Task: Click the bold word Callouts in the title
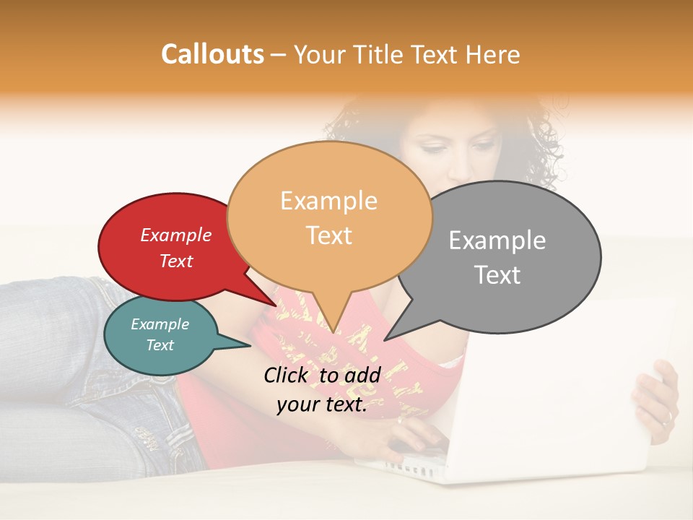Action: [212, 54]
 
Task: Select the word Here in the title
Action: [494, 54]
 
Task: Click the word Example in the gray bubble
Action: [497, 240]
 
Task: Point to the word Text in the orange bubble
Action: [329, 235]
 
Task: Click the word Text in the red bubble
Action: [176, 261]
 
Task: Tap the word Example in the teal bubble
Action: [160, 324]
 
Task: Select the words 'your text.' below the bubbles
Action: [322, 405]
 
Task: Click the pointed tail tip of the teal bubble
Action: [250, 346]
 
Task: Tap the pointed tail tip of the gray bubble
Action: [385, 340]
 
